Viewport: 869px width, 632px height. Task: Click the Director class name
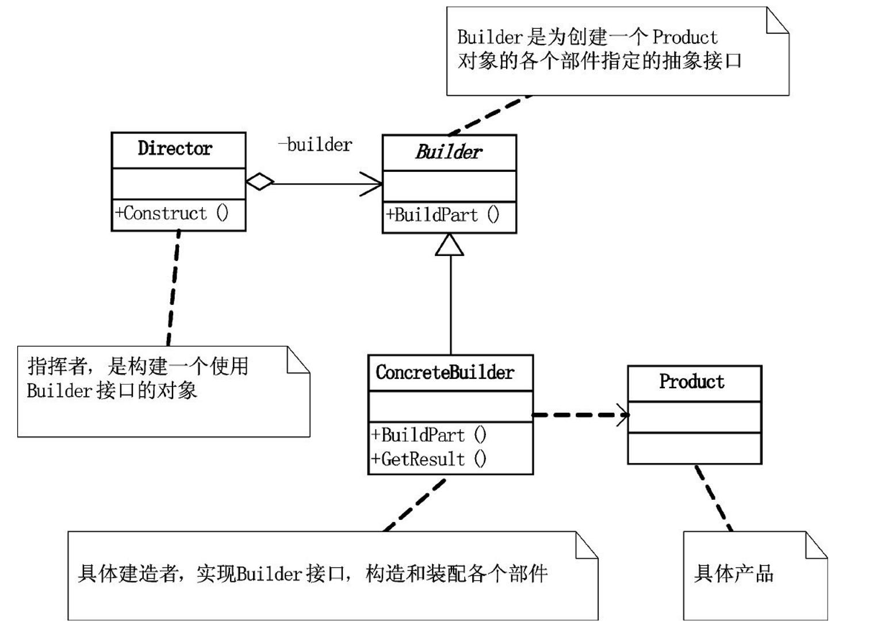[x=175, y=148]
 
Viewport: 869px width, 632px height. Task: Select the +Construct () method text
[x=172, y=213]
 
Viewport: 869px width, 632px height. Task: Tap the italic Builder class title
[x=449, y=152]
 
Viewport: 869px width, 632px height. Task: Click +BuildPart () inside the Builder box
[x=442, y=215]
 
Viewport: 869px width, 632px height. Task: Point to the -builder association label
[x=315, y=145]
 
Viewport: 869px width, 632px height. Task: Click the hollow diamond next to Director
[x=260, y=182]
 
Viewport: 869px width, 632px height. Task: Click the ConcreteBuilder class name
[x=445, y=372]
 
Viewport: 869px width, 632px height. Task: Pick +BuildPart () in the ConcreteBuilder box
[x=428, y=435]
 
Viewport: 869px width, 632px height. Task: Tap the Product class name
[x=691, y=381]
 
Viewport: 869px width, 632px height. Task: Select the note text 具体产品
[x=733, y=573]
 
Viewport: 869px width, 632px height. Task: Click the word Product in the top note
[x=684, y=37]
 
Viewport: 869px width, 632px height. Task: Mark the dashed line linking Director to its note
[x=173, y=288]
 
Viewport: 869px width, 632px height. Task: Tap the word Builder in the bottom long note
[x=269, y=574]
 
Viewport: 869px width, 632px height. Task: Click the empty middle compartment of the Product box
[x=694, y=417]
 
